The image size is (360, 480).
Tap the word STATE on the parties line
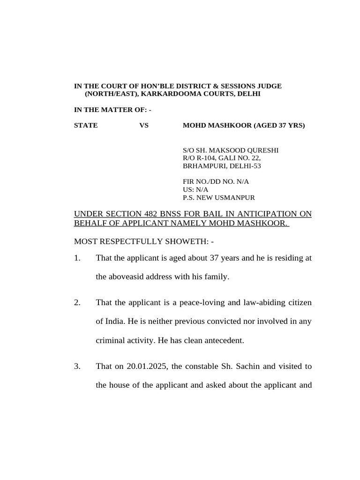pos(86,125)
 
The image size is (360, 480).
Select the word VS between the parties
pos(144,125)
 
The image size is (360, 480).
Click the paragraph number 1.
pos(77,258)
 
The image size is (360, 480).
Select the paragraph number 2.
pos(77,303)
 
